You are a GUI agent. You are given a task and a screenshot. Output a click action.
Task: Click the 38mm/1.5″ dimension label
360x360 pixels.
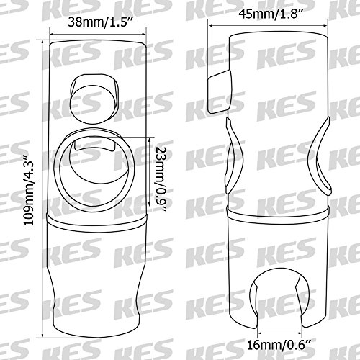pyautogui.click(x=100, y=22)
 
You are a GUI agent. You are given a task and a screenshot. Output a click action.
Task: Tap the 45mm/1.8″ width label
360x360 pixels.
pyautogui.click(x=270, y=14)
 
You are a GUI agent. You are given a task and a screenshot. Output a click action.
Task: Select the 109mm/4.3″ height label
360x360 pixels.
pyautogui.click(x=30, y=189)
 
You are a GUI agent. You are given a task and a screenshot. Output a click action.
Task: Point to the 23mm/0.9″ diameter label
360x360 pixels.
pyautogui.click(x=161, y=179)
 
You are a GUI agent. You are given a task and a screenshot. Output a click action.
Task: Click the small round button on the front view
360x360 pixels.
pyautogui.click(x=94, y=99)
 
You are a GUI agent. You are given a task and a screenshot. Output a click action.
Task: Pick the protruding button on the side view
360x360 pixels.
pyautogui.click(x=219, y=91)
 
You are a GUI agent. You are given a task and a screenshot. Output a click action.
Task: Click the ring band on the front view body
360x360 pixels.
pyautogui.click(x=96, y=222)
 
